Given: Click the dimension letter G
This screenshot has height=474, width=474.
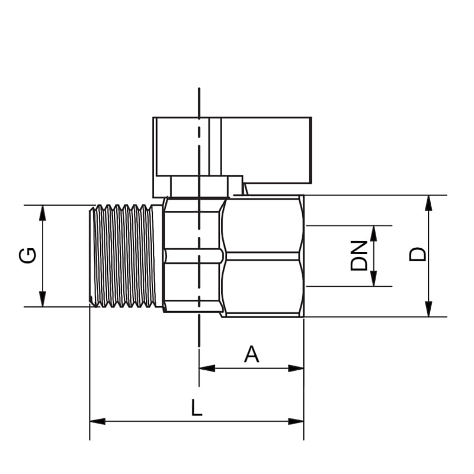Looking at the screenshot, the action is tap(27, 255).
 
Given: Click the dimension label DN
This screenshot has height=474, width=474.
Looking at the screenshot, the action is tap(359, 255).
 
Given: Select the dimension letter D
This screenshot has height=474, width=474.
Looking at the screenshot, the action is tap(418, 254).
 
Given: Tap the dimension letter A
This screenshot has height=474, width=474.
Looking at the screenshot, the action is tap(251, 354).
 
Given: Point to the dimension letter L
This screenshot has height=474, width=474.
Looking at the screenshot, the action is tap(197, 407).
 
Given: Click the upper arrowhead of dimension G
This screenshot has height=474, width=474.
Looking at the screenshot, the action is tap(43, 213).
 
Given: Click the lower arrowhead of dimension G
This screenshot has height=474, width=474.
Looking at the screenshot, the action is tap(43, 299).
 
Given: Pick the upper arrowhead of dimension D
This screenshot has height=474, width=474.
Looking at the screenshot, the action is tap(428, 203).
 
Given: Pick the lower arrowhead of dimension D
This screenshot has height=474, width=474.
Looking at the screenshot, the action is tap(428, 309).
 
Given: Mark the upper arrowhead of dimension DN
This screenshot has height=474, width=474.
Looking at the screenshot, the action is tap(374, 233).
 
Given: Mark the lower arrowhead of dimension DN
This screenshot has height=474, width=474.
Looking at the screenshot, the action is tap(374, 278).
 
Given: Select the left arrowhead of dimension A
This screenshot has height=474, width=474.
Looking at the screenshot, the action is tap(207, 368).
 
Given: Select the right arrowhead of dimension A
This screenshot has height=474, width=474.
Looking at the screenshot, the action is tap(296, 368).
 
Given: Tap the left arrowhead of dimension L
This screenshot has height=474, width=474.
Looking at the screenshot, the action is tap(98, 421).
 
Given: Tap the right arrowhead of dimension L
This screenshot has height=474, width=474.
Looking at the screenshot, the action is tap(296, 421).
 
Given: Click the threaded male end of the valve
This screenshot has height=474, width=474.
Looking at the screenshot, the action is tap(126, 256).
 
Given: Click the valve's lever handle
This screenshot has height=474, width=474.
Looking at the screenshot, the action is tap(232, 150).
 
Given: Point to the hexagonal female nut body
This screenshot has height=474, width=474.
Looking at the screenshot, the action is tap(262, 256).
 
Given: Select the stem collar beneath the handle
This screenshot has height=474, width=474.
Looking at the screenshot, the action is tap(198, 187).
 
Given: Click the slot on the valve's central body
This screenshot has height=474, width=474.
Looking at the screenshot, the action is tap(194, 256).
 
